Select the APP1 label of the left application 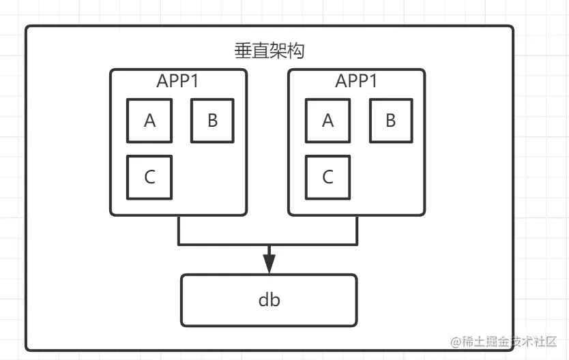178,80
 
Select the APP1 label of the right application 356,80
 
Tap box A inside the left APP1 149,121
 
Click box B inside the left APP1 213,121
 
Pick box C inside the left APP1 149,177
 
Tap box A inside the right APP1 327,121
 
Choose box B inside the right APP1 391,121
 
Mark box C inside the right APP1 327,177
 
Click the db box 269,299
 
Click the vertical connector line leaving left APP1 179,230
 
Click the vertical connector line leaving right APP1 357,230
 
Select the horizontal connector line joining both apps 225,243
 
